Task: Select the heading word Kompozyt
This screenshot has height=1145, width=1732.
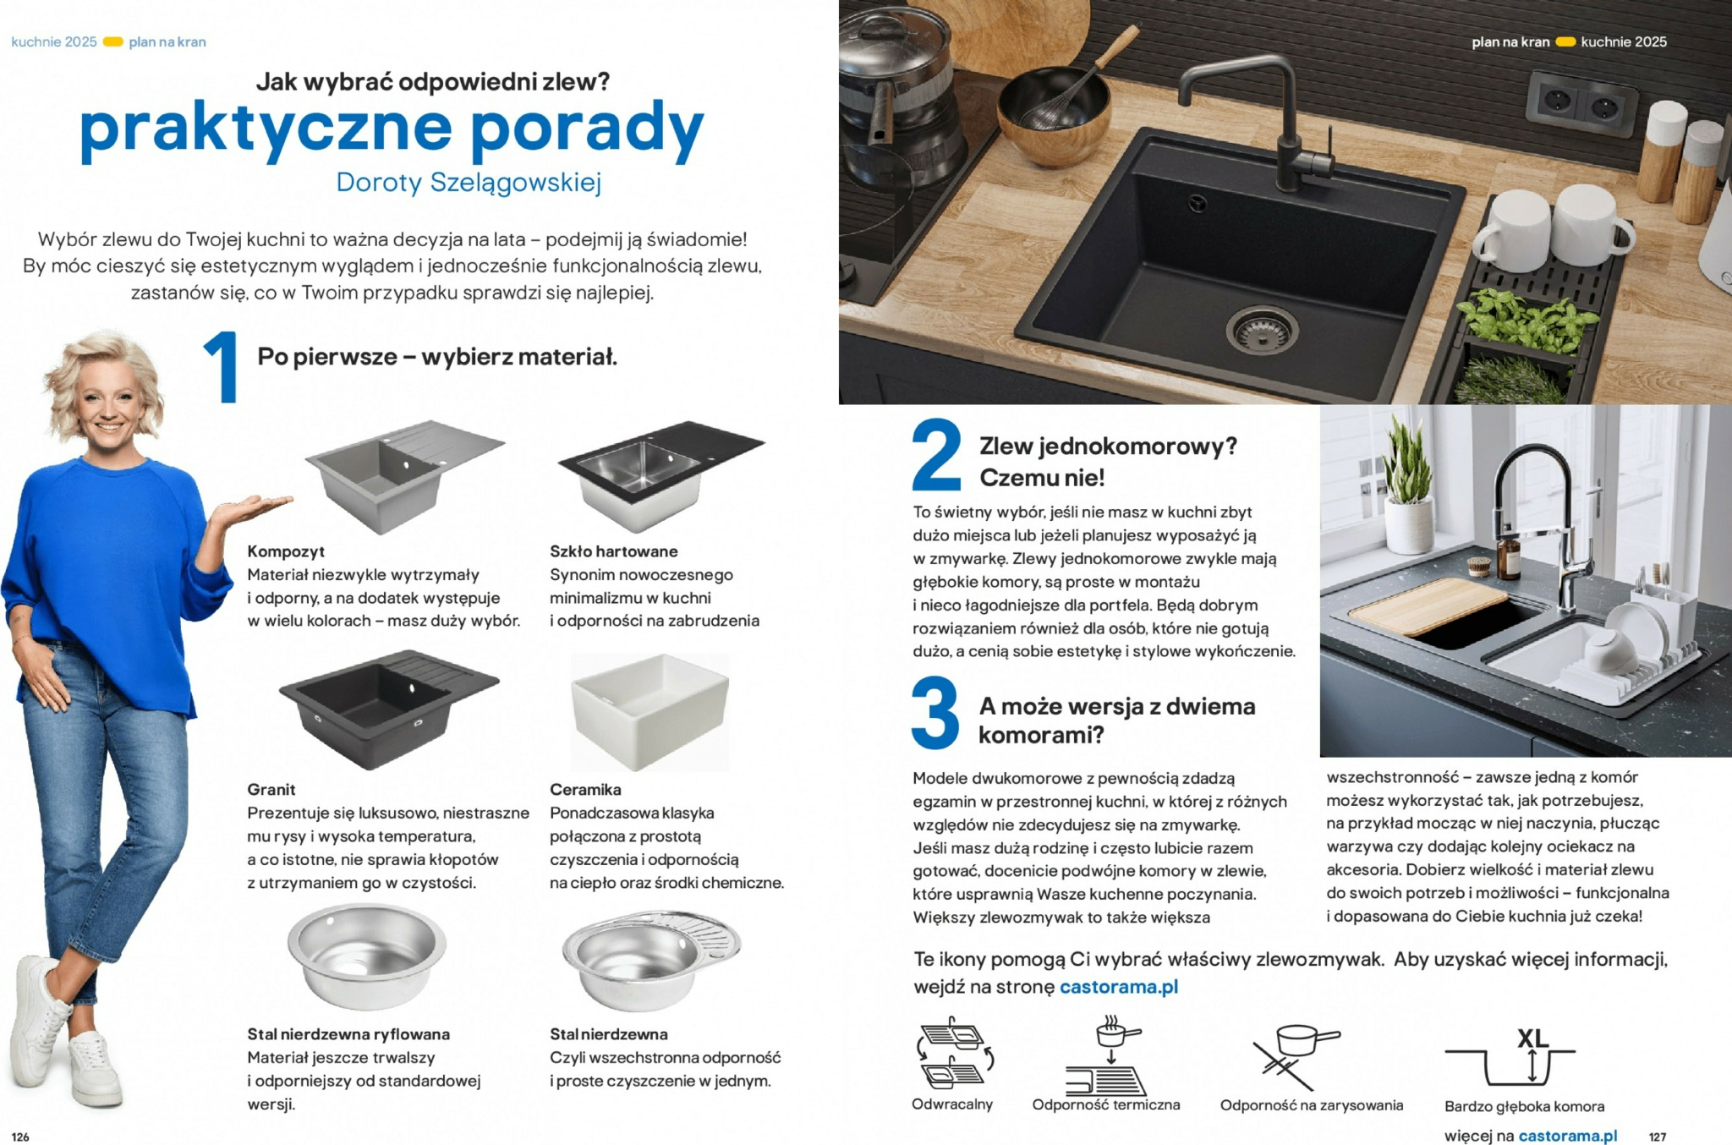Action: [x=286, y=551]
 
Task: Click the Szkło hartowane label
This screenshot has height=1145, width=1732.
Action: [x=613, y=551]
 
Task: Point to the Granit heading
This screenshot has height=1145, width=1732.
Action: [x=271, y=789]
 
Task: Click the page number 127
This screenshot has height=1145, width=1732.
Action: [x=1657, y=1137]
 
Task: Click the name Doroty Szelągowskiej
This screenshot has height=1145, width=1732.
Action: [x=468, y=182]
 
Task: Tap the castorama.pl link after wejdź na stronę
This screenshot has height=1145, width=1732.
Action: [x=1118, y=987]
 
